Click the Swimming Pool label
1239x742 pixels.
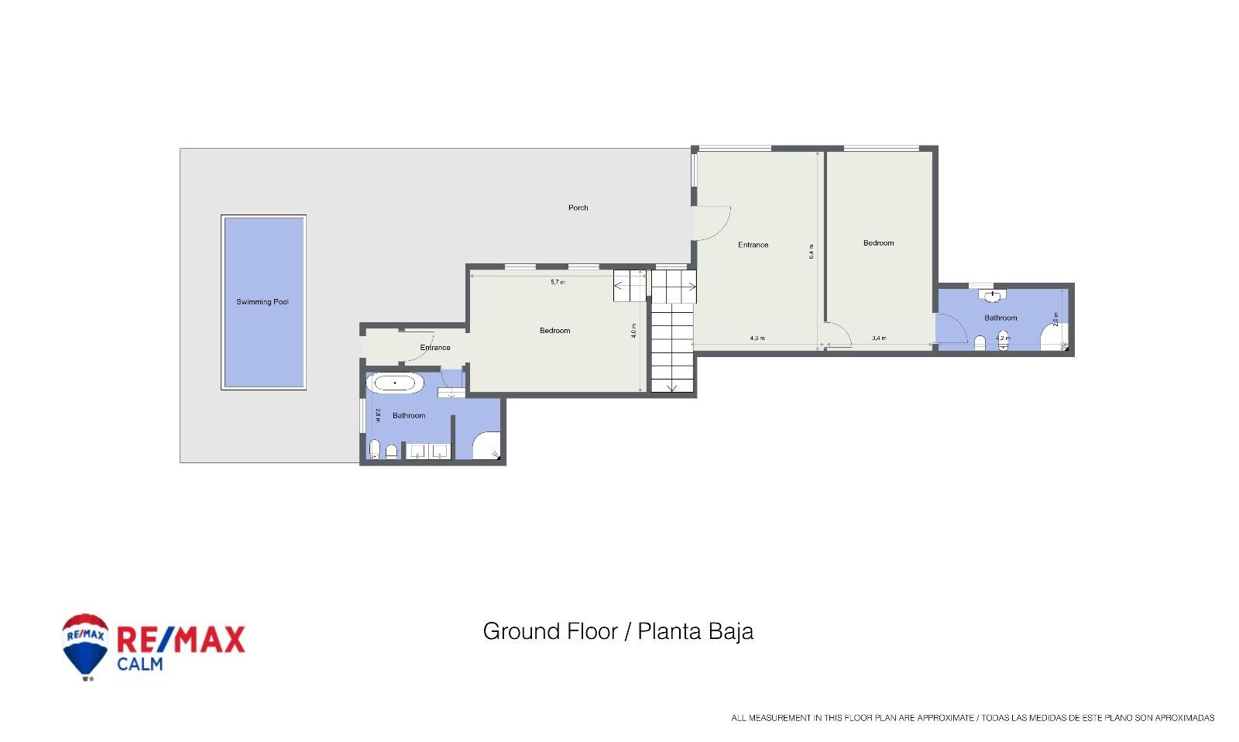(x=263, y=302)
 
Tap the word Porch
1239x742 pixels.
(x=578, y=208)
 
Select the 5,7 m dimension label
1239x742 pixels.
(x=558, y=282)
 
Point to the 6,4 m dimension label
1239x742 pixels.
(x=812, y=252)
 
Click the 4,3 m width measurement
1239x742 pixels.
(x=757, y=338)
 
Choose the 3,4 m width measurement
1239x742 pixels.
(x=879, y=338)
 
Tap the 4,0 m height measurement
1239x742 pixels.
(x=633, y=330)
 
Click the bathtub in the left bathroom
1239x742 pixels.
(x=395, y=383)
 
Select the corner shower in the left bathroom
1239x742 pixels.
(x=486, y=447)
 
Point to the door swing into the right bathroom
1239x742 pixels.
(x=951, y=328)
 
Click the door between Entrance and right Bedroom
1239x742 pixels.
(x=839, y=335)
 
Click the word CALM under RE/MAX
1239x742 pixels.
(x=140, y=664)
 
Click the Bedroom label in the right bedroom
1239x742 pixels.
(x=878, y=243)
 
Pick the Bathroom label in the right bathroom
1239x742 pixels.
(x=1000, y=318)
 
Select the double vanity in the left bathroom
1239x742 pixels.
(x=428, y=451)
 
